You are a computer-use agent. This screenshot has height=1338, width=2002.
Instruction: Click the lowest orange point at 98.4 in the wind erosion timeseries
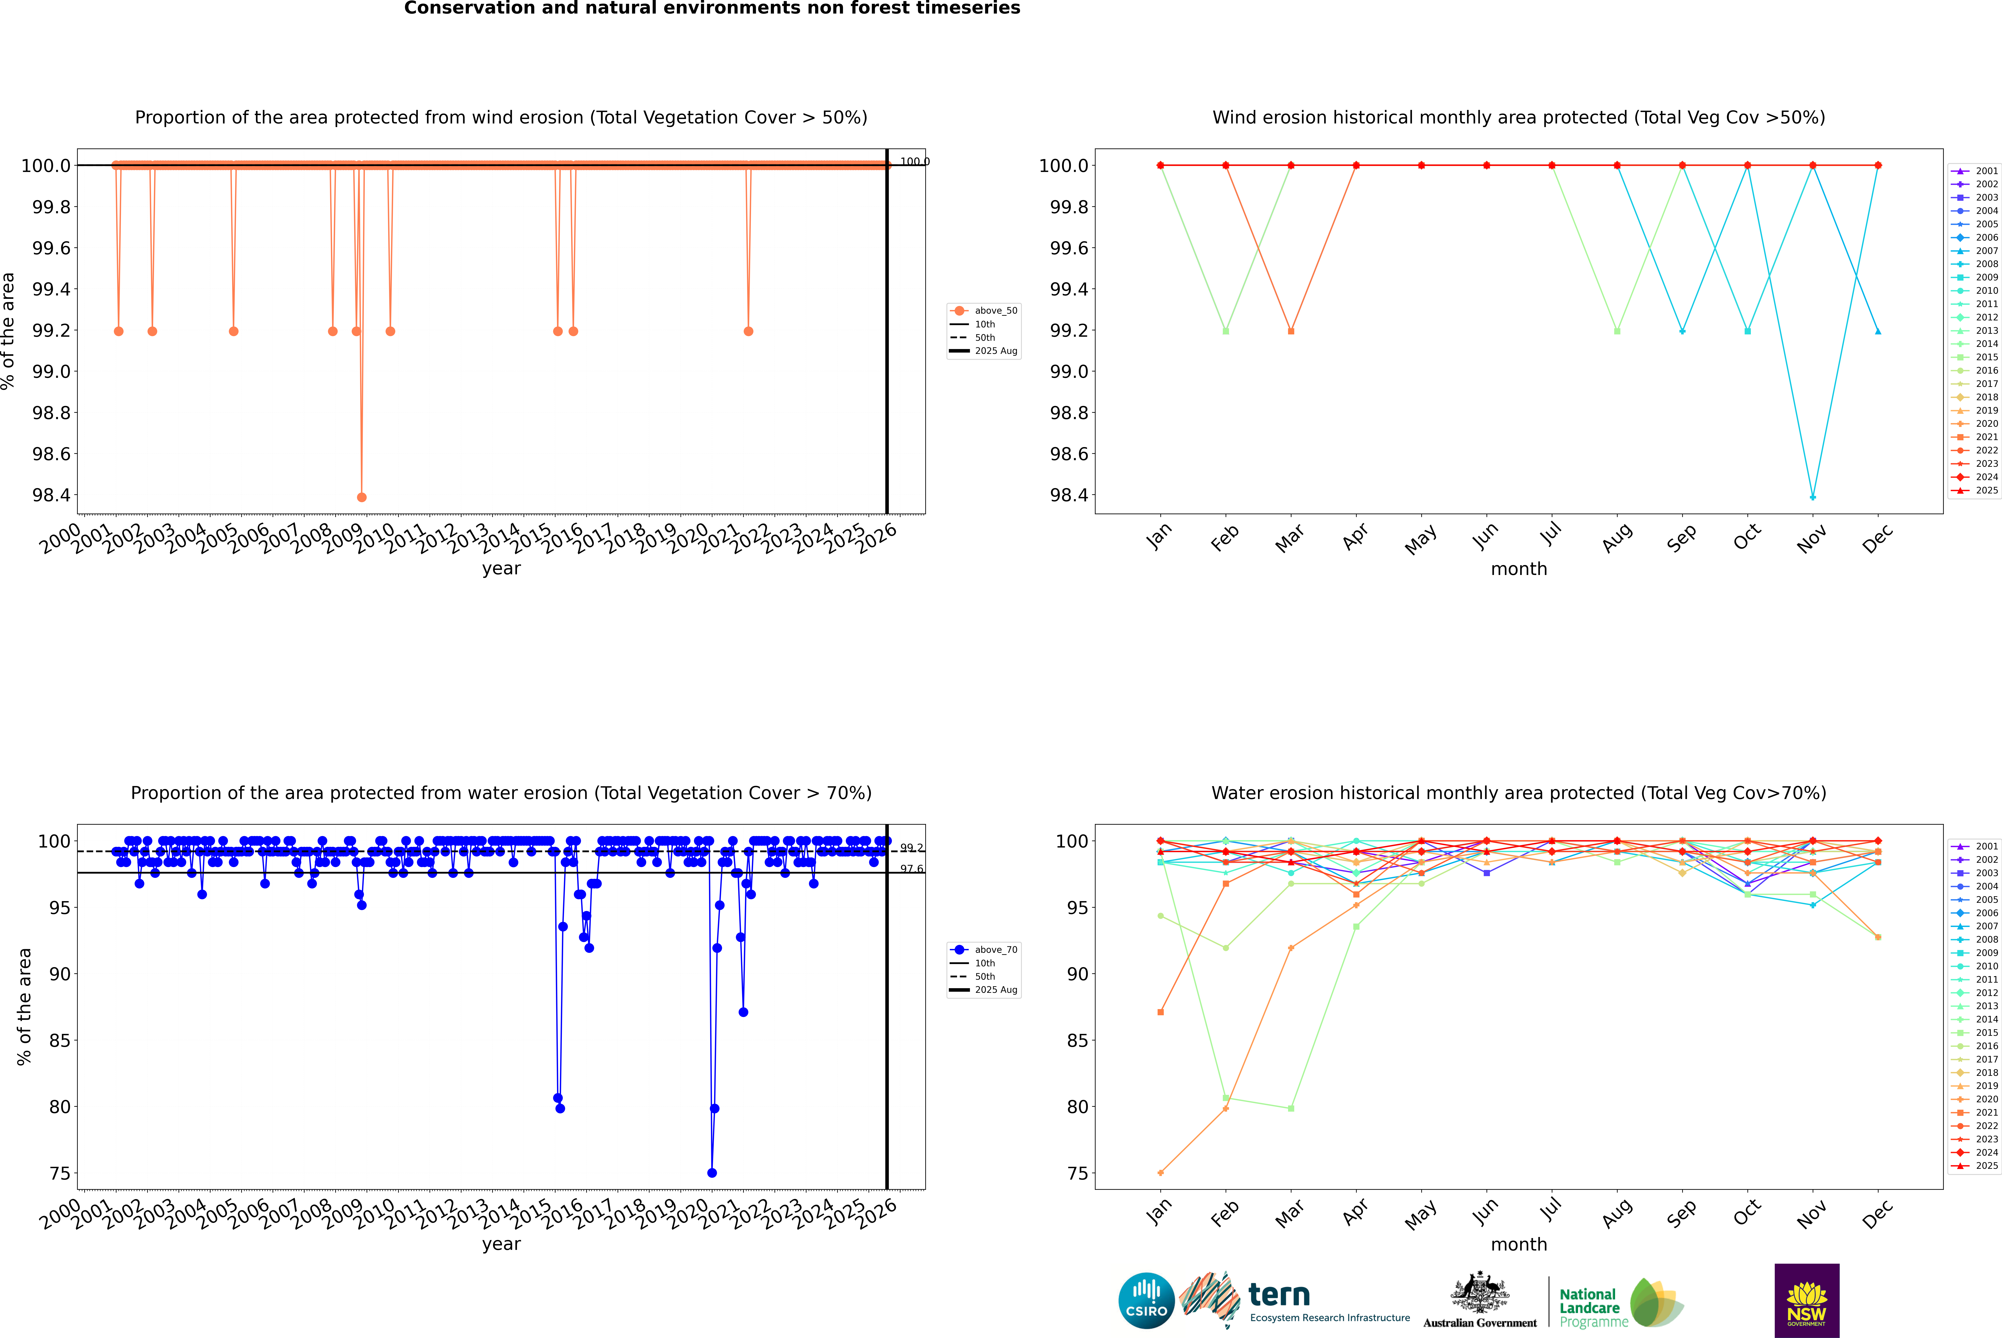point(362,497)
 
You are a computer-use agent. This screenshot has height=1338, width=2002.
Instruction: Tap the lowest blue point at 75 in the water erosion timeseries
point(712,1172)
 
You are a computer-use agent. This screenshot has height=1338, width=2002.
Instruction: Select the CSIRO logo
point(1146,1301)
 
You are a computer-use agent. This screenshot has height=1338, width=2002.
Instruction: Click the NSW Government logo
point(1807,1301)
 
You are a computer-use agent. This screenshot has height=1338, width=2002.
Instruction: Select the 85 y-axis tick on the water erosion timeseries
point(60,1040)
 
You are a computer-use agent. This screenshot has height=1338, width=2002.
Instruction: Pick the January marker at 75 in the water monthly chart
point(1161,1172)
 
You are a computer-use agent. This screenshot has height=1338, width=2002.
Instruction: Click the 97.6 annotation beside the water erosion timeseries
point(911,869)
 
